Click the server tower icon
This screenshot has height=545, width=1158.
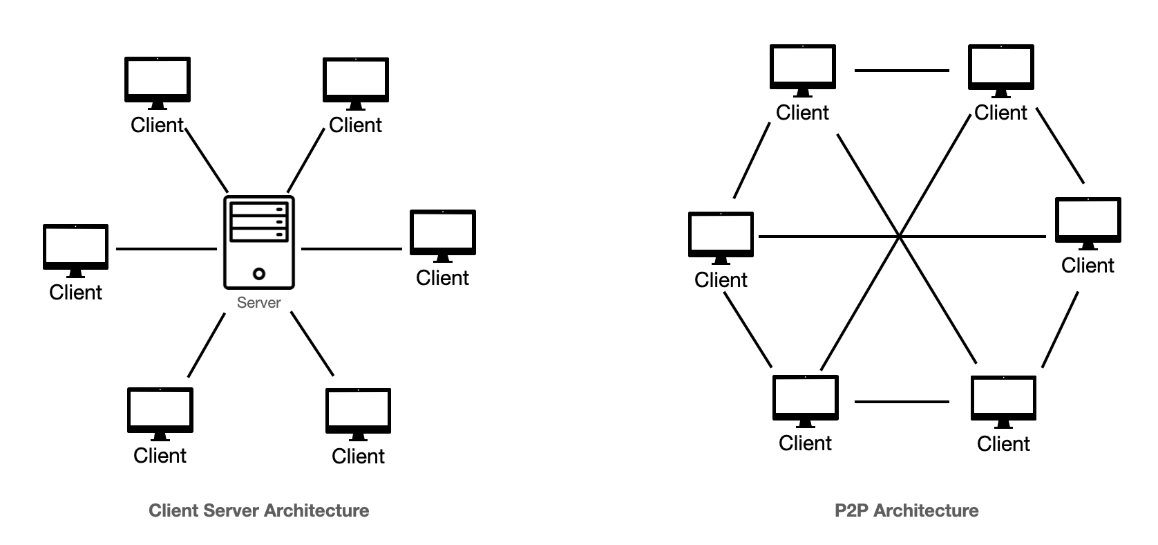click(259, 242)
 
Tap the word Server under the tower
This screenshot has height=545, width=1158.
click(259, 303)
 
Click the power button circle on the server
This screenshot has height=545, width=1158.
click(259, 274)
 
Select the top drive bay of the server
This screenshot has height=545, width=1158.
click(259, 209)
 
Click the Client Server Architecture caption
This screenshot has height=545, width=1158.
click(259, 511)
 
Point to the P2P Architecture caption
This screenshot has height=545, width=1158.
click(907, 511)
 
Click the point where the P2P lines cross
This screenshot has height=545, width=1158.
click(900, 237)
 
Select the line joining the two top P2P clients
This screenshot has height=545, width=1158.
click(902, 70)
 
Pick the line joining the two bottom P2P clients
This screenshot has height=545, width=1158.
click(902, 401)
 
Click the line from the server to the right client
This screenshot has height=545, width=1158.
click(352, 248)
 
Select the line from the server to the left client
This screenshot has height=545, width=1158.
click(166, 248)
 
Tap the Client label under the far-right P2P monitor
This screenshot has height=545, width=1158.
click(1088, 266)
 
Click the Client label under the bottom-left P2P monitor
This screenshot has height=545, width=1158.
click(805, 443)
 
